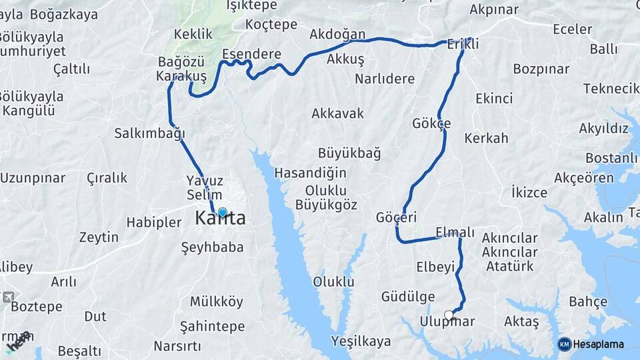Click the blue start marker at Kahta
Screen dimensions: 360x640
pyautogui.click(x=222, y=213)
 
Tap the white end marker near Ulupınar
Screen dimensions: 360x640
pyautogui.click(x=449, y=315)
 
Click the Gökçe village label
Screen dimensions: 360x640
pyautogui.click(x=431, y=123)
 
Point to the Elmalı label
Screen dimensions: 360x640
pyautogui.click(x=455, y=232)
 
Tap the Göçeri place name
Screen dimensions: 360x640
pyautogui.click(x=396, y=217)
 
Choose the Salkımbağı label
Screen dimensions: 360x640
pyautogui.click(x=149, y=133)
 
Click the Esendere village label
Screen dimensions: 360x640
pyautogui.click(x=251, y=54)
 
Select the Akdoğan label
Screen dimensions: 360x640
pyautogui.click(x=337, y=34)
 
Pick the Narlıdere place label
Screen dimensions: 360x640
pyautogui.click(x=385, y=79)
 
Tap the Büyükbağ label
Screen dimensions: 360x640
pyautogui.click(x=349, y=153)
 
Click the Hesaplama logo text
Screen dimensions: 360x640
pyautogui.click(x=599, y=344)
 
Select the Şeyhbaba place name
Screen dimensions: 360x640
pyautogui.click(x=211, y=247)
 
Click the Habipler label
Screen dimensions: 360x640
pyautogui.click(x=154, y=222)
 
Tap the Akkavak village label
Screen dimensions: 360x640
pyautogui.click(x=337, y=113)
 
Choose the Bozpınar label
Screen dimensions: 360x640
pyautogui.click(x=541, y=69)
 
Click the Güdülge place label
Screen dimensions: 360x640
pyautogui.click(x=408, y=297)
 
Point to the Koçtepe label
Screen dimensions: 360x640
pyautogui.click(x=271, y=24)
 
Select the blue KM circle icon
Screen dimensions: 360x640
pyautogui.click(x=564, y=344)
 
